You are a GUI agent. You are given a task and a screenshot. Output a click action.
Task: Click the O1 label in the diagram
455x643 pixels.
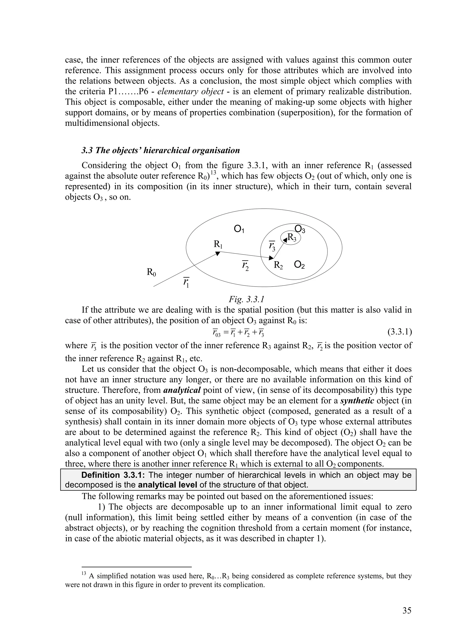click(239, 229)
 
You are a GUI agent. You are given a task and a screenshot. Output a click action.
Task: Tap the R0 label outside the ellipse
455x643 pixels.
click(151, 272)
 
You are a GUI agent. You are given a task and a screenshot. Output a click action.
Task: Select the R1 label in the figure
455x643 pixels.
click(218, 244)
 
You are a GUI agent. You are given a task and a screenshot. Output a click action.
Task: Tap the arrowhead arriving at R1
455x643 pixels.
click(218, 253)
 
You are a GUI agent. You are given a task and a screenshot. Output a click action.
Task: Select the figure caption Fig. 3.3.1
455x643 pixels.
click(246, 299)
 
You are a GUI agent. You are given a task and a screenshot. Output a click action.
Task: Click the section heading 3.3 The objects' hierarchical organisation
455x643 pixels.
click(160, 150)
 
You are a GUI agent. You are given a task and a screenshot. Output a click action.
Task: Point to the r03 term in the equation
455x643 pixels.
click(216, 333)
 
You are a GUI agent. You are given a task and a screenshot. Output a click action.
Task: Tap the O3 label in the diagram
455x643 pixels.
click(300, 229)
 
